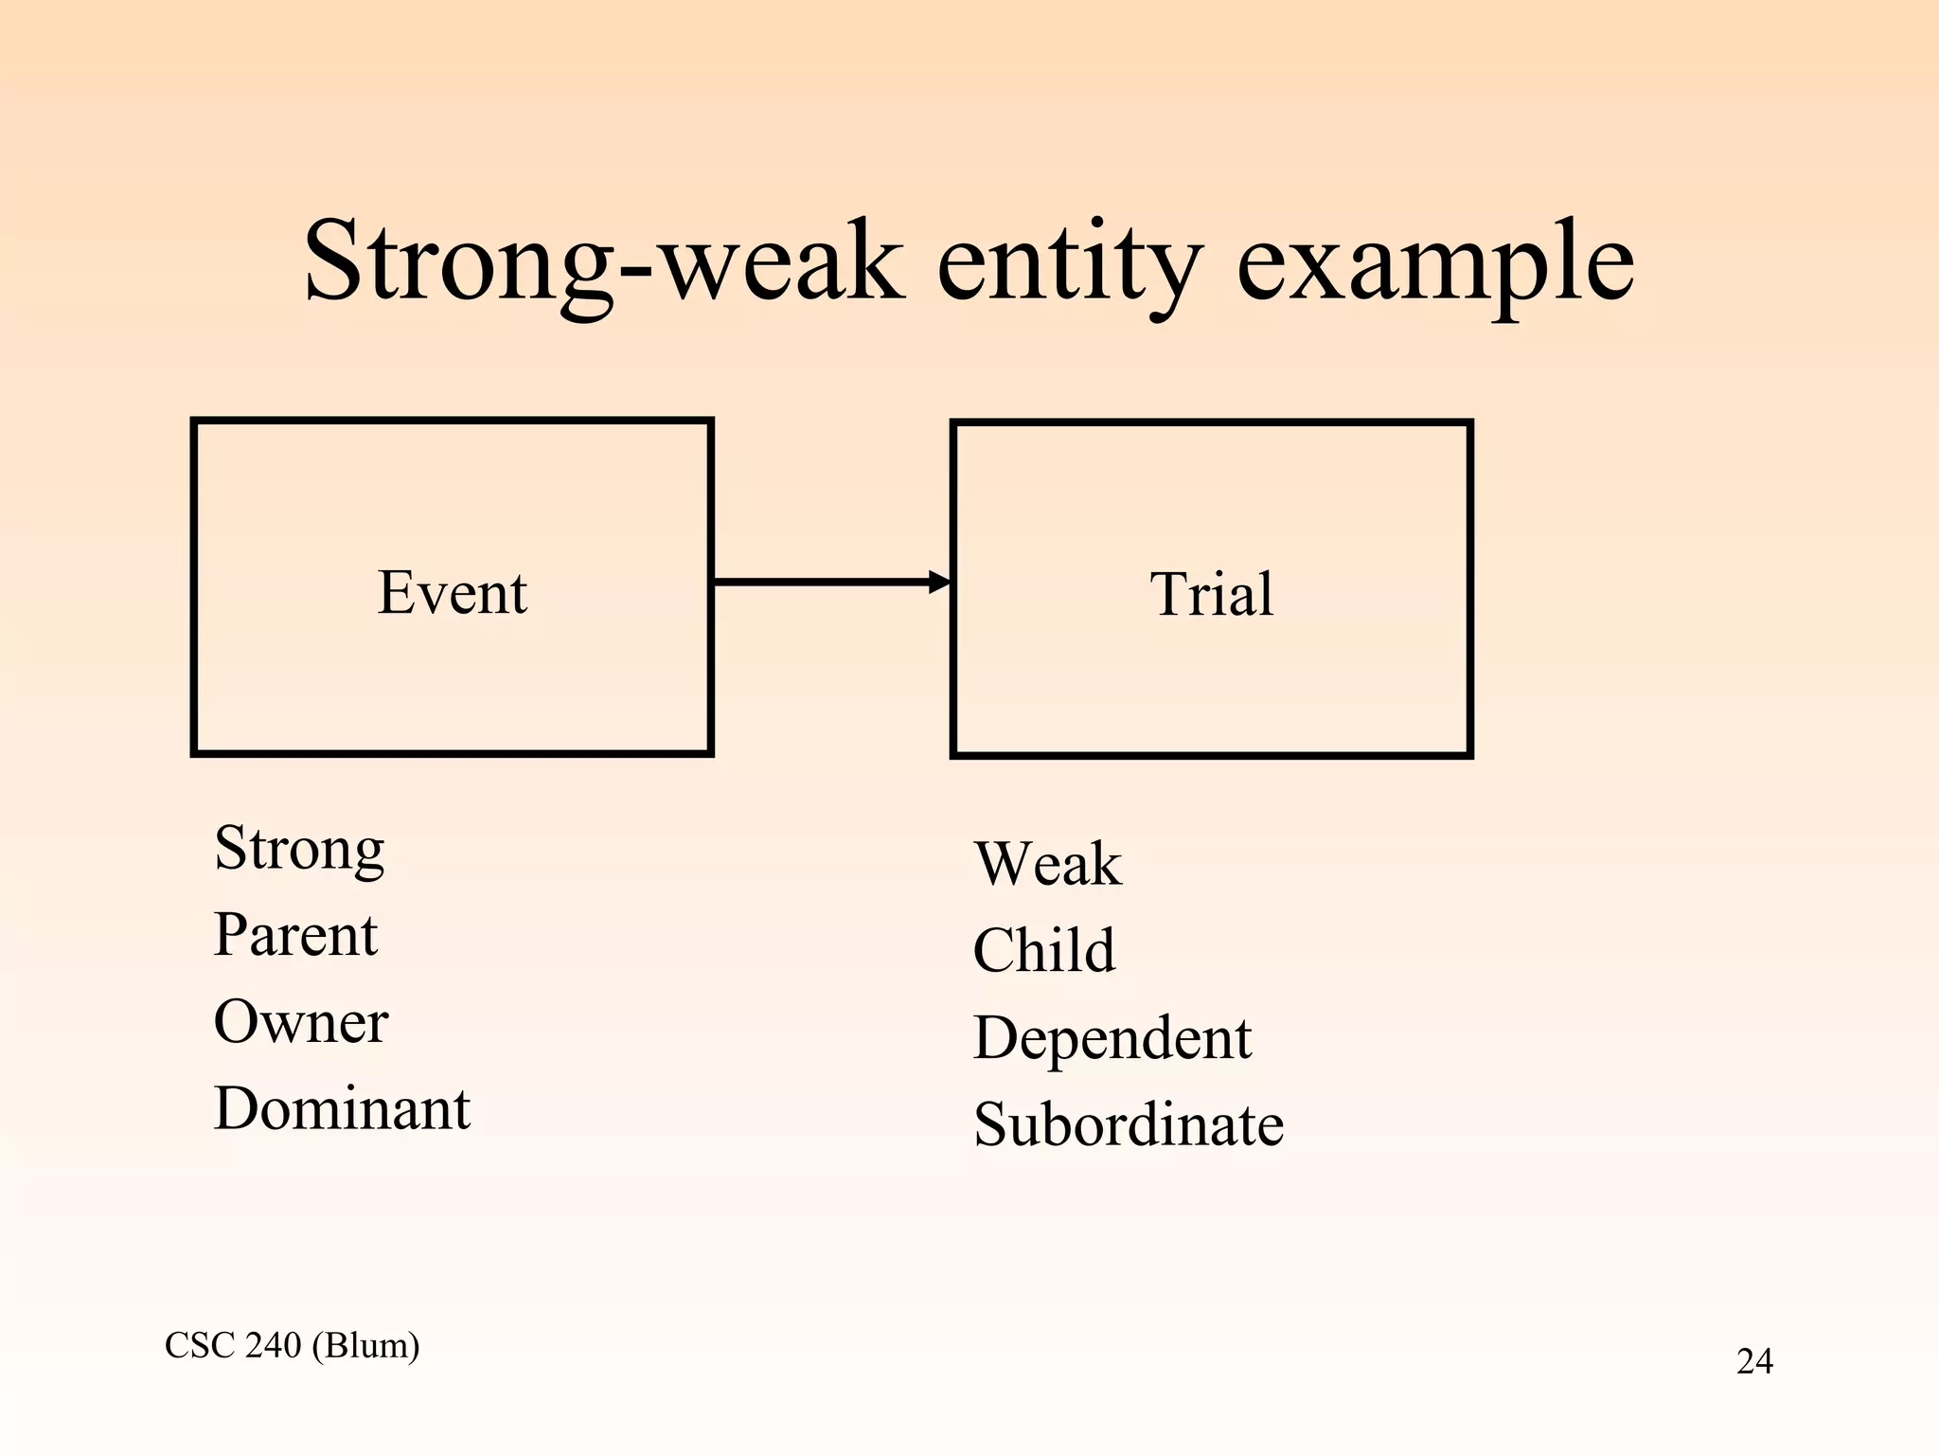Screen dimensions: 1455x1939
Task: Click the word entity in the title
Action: [1069, 260]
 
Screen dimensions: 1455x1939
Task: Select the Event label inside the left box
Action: [452, 593]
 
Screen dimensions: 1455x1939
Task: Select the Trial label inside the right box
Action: [1211, 595]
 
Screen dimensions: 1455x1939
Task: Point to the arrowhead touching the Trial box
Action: [939, 582]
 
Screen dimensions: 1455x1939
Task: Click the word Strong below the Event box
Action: [299, 848]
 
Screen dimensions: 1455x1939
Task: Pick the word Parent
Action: [295, 935]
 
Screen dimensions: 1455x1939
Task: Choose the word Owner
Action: [301, 1022]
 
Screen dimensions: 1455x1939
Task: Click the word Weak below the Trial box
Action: [1047, 864]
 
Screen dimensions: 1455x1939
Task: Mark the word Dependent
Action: [1112, 1038]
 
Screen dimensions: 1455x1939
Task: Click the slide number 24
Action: [1753, 1361]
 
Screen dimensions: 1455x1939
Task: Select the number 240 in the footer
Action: [274, 1345]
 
